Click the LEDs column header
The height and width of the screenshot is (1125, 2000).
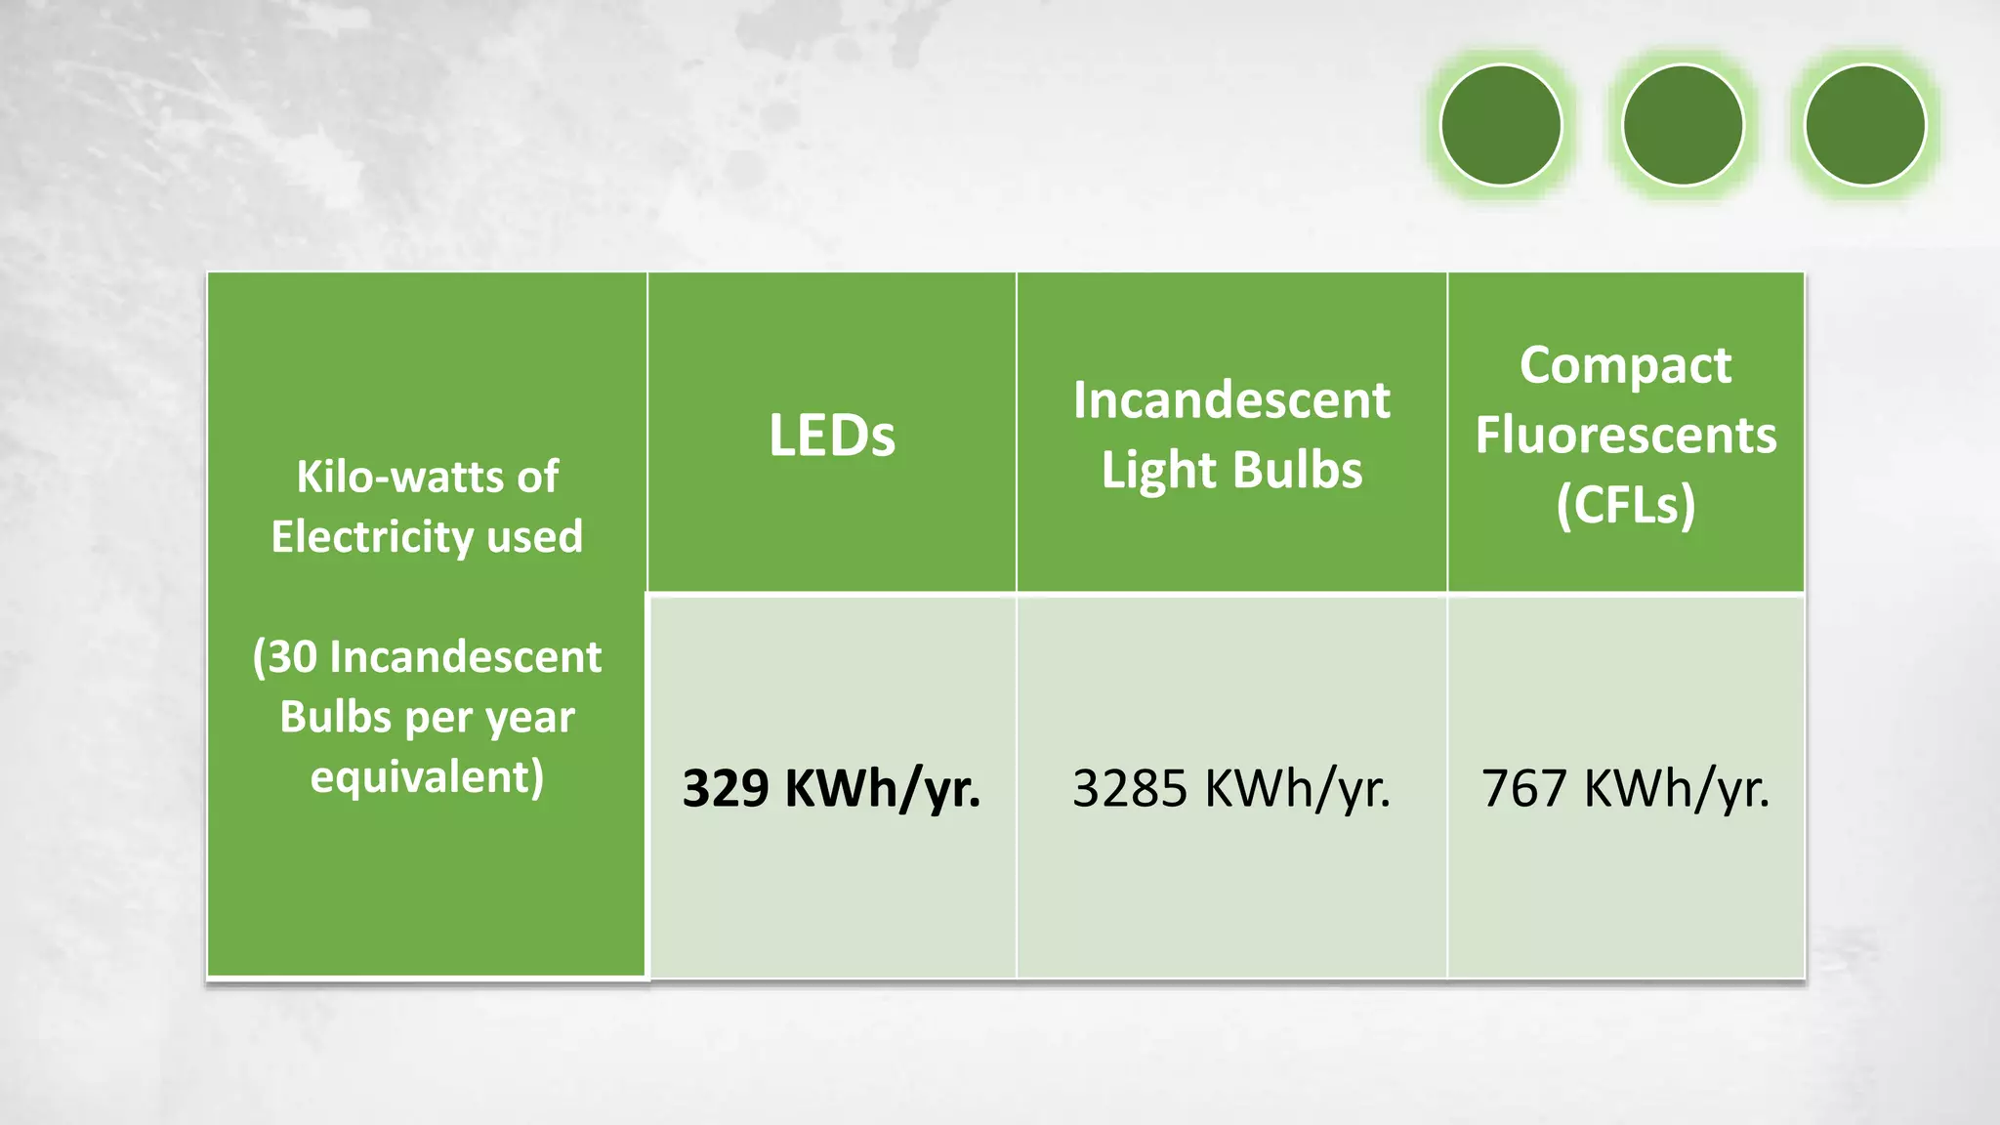tap(831, 436)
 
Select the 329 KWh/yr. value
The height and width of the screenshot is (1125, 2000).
tap(831, 788)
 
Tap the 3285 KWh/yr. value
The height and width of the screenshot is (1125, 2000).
tap(1230, 788)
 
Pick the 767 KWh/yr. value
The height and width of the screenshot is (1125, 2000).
tap(1625, 788)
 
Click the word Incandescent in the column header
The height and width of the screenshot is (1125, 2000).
tap(1231, 400)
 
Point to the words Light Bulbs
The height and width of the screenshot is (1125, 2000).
tap(1231, 471)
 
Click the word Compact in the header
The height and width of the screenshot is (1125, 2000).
tap(1625, 366)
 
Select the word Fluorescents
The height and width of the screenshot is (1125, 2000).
tap(1625, 436)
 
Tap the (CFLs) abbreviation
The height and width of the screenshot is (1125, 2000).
tap(1625, 505)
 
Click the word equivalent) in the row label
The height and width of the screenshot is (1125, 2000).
tap(427, 777)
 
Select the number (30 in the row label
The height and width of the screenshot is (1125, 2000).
tap(285, 657)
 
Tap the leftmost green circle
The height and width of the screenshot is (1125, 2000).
tap(1501, 125)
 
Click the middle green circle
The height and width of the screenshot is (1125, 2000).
tap(1683, 125)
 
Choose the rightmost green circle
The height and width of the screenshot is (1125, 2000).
tap(1864, 125)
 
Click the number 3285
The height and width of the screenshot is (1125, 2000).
tap(1130, 788)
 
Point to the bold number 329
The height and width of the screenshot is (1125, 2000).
tap(726, 788)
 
